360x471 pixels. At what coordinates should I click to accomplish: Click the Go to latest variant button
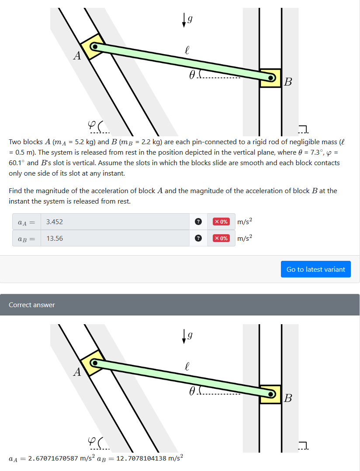(x=315, y=270)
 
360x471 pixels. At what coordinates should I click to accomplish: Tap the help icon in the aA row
(x=198, y=222)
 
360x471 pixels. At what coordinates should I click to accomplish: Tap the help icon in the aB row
(x=198, y=238)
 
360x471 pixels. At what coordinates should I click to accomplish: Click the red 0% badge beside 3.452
(x=221, y=222)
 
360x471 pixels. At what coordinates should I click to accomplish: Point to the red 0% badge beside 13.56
(x=221, y=238)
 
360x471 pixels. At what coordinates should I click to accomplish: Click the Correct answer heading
(x=32, y=305)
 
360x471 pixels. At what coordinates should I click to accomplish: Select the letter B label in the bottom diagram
(x=288, y=398)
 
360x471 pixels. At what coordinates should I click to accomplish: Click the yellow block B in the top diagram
(x=270, y=78)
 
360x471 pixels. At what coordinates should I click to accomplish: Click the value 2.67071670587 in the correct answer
(x=54, y=458)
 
